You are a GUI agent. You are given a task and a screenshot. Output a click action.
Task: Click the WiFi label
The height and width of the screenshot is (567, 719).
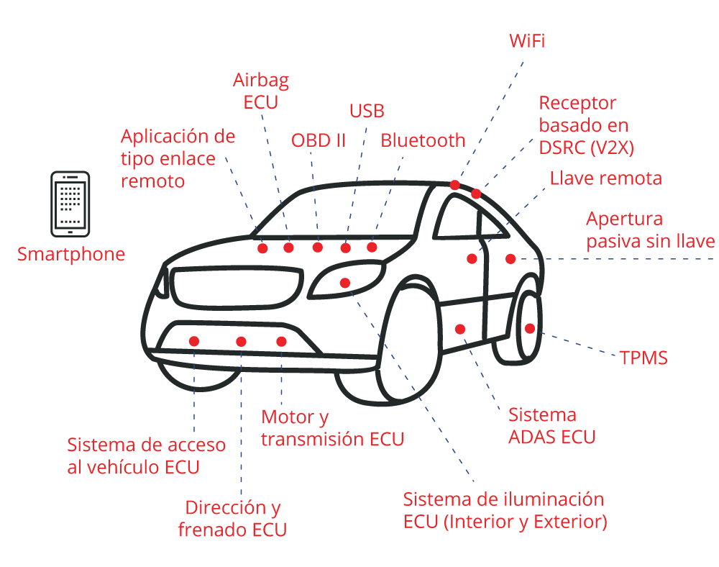coord(526,40)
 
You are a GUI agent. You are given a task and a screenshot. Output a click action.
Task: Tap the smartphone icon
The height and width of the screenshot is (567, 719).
coord(70,204)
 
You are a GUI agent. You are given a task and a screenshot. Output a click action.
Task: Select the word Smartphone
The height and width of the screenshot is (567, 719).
coord(71,254)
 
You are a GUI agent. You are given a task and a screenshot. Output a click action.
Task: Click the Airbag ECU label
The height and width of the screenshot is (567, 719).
coord(260,91)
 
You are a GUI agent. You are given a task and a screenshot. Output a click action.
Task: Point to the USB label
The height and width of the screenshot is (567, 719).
coord(367,111)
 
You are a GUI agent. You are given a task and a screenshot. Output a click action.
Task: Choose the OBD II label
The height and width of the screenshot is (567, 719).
coord(319,140)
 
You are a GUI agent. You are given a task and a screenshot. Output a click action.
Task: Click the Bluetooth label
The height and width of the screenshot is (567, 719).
coord(423,140)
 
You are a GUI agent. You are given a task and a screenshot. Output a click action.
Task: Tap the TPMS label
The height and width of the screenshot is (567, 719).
coord(644,358)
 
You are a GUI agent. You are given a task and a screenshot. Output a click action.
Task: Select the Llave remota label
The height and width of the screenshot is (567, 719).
coord(605,178)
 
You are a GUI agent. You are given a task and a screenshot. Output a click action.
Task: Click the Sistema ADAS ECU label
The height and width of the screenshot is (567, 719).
coord(551,425)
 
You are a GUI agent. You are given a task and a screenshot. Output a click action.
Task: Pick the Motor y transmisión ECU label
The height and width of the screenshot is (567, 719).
coord(332,427)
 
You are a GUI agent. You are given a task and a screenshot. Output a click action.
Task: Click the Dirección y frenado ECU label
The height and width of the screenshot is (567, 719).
coord(232,519)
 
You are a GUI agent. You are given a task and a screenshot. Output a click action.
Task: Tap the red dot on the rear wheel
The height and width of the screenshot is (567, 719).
coord(530,328)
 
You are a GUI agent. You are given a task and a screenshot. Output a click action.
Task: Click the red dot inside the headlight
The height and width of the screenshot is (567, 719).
coord(345,283)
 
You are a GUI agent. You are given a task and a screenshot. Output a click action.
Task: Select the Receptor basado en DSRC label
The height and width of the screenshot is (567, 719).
coord(586,125)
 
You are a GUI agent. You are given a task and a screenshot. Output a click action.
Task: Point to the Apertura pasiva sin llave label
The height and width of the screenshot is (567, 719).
coord(650,230)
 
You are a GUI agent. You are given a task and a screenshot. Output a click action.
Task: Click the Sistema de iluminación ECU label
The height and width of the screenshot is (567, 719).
coord(505,510)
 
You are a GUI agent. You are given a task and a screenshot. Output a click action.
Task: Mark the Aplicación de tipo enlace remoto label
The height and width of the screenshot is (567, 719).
coord(178,158)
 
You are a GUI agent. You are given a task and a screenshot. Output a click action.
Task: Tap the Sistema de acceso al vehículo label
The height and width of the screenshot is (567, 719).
coord(146,455)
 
